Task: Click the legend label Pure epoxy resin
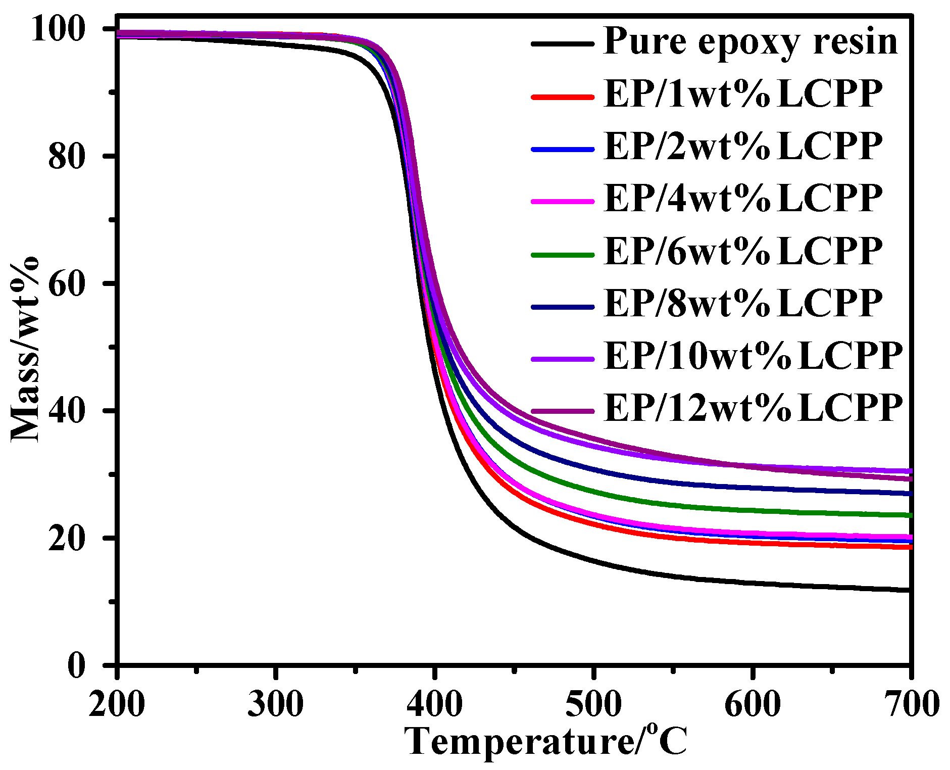coord(750,41)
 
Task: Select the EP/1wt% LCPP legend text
coord(742,94)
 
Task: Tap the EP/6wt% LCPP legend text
coord(742,251)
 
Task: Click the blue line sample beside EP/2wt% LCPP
coord(562,149)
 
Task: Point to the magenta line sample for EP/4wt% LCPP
coord(562,201)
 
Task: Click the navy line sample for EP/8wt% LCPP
coord(562,306)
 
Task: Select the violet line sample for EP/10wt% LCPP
coord(562,358)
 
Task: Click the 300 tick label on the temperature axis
coord(275,704)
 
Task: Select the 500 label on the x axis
coord(593,704)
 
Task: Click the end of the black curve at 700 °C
coord(909,590)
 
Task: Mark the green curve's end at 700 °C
coord(909,515)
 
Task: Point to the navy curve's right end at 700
coord(909,493)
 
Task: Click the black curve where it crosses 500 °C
coord(593,560)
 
